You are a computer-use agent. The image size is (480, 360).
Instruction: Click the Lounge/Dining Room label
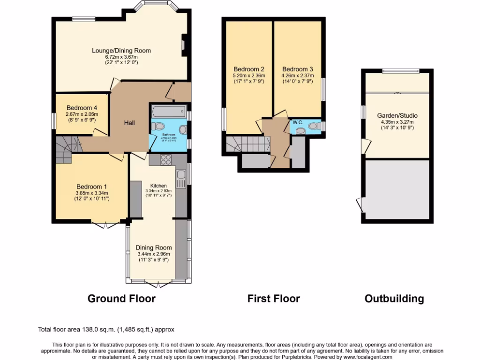tap(121, 51)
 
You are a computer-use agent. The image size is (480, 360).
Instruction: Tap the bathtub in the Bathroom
tap(168, 112)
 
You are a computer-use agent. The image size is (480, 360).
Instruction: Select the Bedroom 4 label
tap(82, 107)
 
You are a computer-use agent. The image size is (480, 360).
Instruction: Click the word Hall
tap(129, 123)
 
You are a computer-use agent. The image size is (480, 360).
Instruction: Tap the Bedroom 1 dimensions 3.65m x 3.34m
tap(91, 193)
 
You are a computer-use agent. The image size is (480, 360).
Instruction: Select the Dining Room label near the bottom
tap(153, 247)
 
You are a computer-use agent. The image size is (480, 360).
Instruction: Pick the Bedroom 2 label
tap(249, 69)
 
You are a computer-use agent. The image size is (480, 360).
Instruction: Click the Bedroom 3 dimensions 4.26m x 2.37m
tap(297, 75)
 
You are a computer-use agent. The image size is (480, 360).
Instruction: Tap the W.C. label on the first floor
tap(298, 122)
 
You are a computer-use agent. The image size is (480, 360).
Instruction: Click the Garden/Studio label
tap(397, 115)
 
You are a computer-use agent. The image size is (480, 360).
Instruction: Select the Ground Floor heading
tap(121, 299)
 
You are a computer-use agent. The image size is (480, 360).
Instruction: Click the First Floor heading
tap(273, 299)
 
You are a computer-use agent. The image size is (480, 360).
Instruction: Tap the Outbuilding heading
tap(394, 299)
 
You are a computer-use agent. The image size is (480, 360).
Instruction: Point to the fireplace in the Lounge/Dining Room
tap(184, 45)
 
